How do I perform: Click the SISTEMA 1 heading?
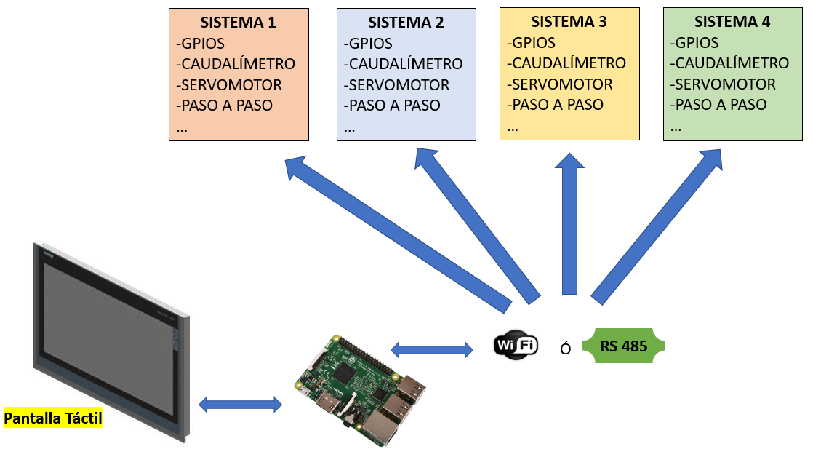[x=239, y=23]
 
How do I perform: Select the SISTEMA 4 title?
[x=732, y=22]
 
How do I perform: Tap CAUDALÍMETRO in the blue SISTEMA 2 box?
[x=404, y=64]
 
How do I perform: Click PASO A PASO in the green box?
[x=718, y=104]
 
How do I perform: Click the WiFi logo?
[x=516, y=344]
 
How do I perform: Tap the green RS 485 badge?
[x=623, y=346]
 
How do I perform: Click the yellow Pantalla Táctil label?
[x=53, y=418]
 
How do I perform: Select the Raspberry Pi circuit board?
[x=360, y=389]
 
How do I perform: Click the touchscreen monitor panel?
[x=109, y=335]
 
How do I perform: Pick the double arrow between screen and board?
[x=240, y=404]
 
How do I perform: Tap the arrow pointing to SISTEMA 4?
[x=658, y=226]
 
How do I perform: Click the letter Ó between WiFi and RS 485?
[x=565, y=348]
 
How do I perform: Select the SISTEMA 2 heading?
[x=406, y=23]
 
